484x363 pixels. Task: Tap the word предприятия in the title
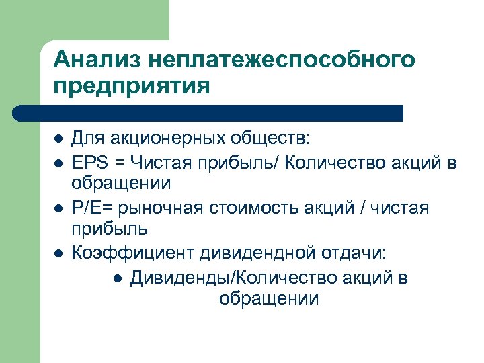click(x=132, y=87)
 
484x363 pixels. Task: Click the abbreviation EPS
click(x=89, y=161)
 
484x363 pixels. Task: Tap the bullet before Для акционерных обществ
click(x=58, y=140)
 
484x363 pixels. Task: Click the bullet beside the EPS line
click(x=58, y=162)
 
